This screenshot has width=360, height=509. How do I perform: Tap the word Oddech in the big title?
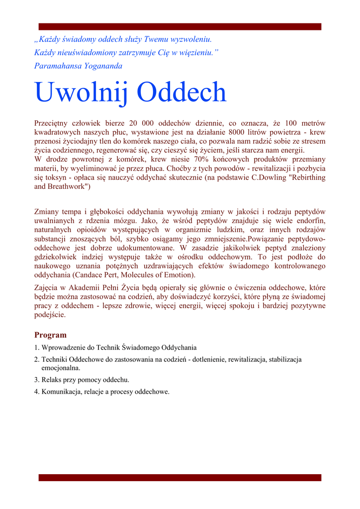coord(181,92)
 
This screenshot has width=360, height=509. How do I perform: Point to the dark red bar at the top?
coord(180,26)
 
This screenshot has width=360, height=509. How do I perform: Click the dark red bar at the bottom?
coord(180,478)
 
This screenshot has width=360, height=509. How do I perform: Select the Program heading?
coord(50,335)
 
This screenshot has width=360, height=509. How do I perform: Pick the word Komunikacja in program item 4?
coord(62,392)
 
